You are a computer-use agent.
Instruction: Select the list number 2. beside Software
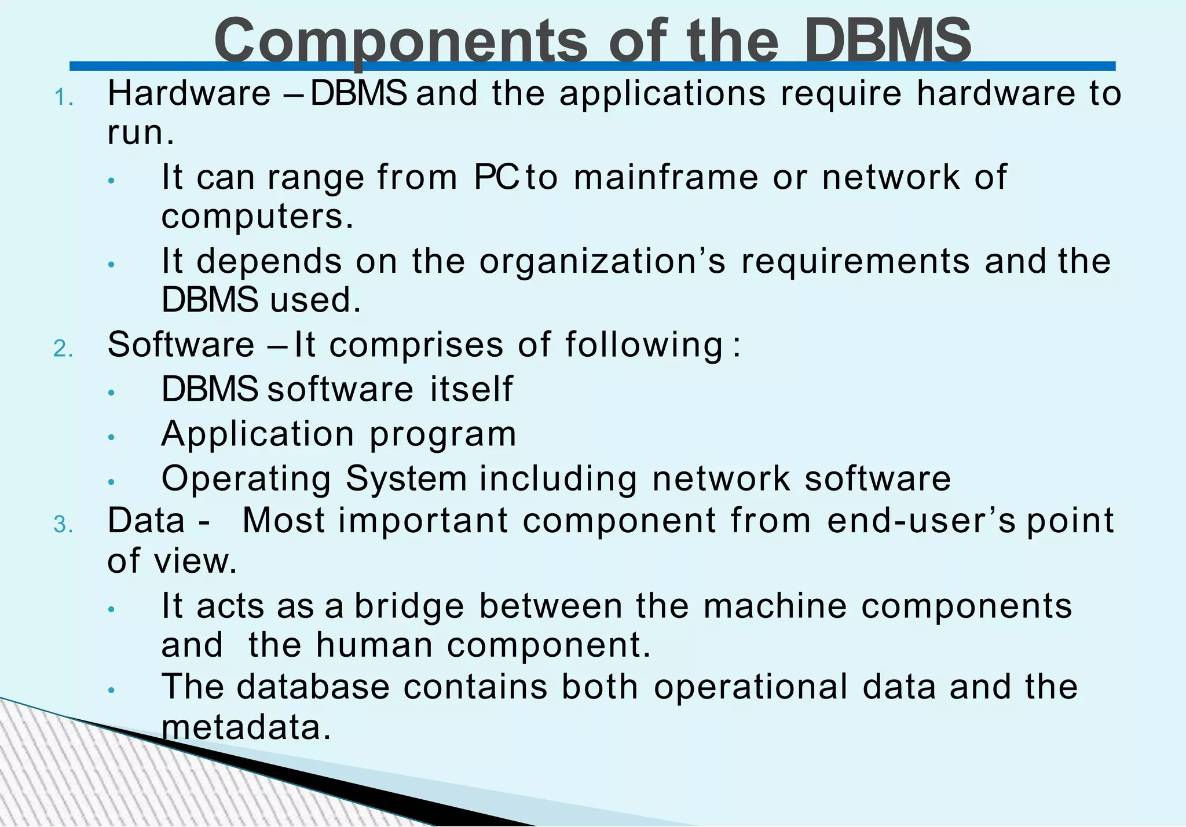point(64,349)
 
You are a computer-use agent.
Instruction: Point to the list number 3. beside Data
point(64,525)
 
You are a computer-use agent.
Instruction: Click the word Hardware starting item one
point(189,93)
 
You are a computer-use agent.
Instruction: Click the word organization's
point(602,262)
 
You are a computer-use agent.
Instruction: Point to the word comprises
point(416,346)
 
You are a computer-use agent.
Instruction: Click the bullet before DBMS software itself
point(112,393)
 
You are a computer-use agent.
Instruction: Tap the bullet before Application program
point(112,437)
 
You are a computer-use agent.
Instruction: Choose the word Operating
point(246,480)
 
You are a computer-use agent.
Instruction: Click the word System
point(406,480)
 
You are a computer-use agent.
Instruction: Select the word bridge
point(409,606)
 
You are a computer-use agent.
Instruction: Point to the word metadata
point(246,727)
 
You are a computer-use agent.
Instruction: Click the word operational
point(751,687)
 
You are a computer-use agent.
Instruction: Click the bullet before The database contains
point(112,690)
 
